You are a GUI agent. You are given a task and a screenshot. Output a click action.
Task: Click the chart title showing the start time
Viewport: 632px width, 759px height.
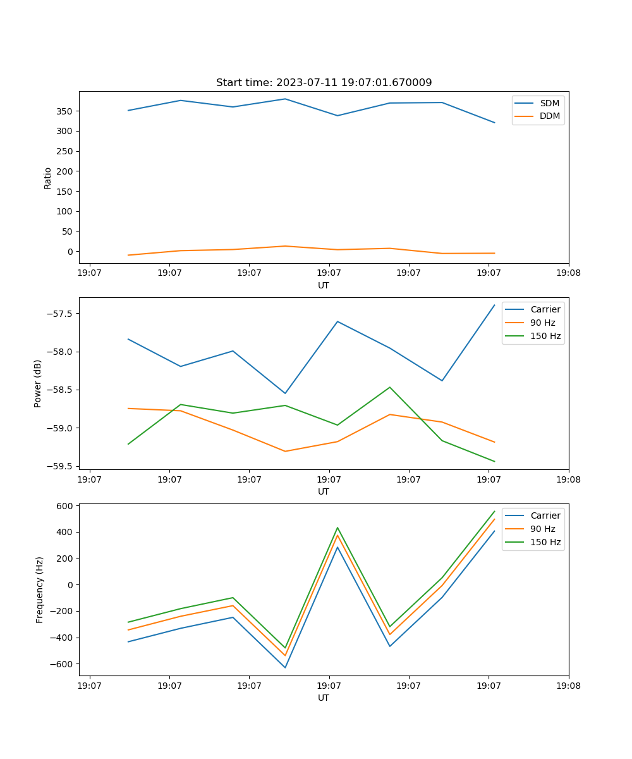(324, 83)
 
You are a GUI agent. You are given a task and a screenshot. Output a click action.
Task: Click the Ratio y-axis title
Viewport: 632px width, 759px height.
(48, 178)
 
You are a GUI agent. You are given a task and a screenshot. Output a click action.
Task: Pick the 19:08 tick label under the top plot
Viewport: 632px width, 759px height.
(568, 273)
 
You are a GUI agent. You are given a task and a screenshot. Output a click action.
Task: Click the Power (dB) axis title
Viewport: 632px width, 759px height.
(38, 383)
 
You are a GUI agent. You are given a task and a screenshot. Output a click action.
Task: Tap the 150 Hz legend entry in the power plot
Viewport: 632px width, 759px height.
(545, 336)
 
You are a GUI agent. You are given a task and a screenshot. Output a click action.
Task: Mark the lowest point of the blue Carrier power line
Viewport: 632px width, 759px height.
(285, 393)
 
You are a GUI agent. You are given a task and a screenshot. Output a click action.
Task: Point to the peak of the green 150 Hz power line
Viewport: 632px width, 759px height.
(390, 387)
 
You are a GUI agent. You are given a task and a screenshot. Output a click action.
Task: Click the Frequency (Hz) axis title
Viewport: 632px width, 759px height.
(40, 589)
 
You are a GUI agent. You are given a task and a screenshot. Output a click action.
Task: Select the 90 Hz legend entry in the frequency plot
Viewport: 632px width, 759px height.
(542, 529)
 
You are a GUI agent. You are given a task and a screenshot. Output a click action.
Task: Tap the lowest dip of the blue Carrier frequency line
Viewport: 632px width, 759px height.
(285, 667)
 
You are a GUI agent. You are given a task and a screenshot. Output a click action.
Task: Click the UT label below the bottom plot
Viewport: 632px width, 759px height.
(324, 698)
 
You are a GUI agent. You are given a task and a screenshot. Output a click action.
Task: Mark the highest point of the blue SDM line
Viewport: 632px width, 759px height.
(285, 99)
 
